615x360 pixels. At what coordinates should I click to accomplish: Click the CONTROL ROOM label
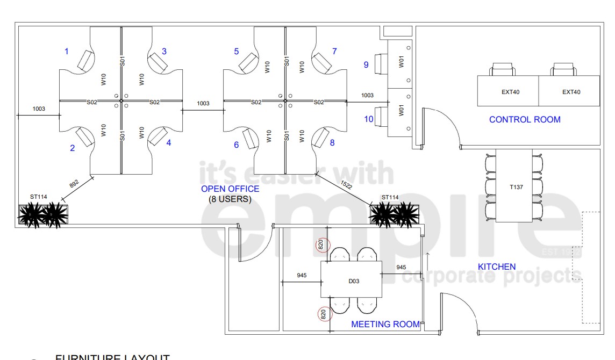[x=525, y=119]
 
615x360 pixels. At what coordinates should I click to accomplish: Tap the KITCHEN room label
[x=497, y=267]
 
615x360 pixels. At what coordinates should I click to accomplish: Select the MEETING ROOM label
[x=385, y=324]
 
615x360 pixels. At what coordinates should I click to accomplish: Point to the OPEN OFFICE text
[x=230, y=189]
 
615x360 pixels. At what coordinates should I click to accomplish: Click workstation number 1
[x=67, y=52]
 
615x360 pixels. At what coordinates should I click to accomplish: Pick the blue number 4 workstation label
[x=169, y=143]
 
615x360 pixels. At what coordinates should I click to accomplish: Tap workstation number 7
[x=334, y=52]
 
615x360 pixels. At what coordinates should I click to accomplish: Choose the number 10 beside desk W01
[x=369, y=119]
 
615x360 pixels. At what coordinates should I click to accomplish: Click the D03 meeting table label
[x=353, y=281]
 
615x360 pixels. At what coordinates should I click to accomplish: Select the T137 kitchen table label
[x=516, y=188]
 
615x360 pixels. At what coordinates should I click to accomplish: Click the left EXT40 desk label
[x=510, y=92]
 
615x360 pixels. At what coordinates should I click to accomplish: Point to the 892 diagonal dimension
[x=74, y=183]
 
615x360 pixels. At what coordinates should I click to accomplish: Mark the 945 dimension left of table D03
[x=301, y=276]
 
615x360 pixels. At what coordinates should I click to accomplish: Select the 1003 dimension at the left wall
[x=38, y=109]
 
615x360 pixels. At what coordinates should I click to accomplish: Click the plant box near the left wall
[x=44, y=214]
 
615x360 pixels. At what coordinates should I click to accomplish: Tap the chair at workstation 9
[x=381, y=62]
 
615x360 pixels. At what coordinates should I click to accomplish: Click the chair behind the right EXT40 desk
[x=563, y=69]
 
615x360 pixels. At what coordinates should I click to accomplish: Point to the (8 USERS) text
[x=230, y=199]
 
